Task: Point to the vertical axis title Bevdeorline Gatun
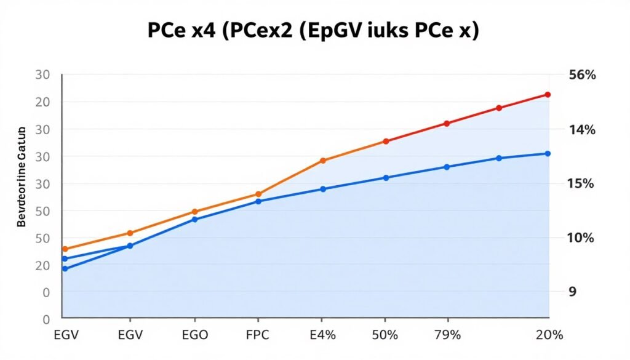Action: pos(21,177)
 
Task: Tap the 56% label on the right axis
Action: pos(582,76)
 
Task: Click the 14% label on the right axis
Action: pos(582,130)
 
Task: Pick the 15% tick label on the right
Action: pos(582,184)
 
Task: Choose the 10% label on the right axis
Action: pos(582,238)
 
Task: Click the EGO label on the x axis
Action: pos(195,335)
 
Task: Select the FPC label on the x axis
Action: pos(258,335)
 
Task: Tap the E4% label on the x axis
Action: pos(322,335)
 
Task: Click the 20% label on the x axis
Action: pos(549,335)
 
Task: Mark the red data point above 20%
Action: pos(548,95)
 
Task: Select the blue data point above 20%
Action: pos(548,153)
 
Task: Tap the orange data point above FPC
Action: pos(258,194)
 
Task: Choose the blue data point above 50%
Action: pos(386,178)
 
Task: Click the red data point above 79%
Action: pos(447,124)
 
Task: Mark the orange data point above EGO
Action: pos(195,212)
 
